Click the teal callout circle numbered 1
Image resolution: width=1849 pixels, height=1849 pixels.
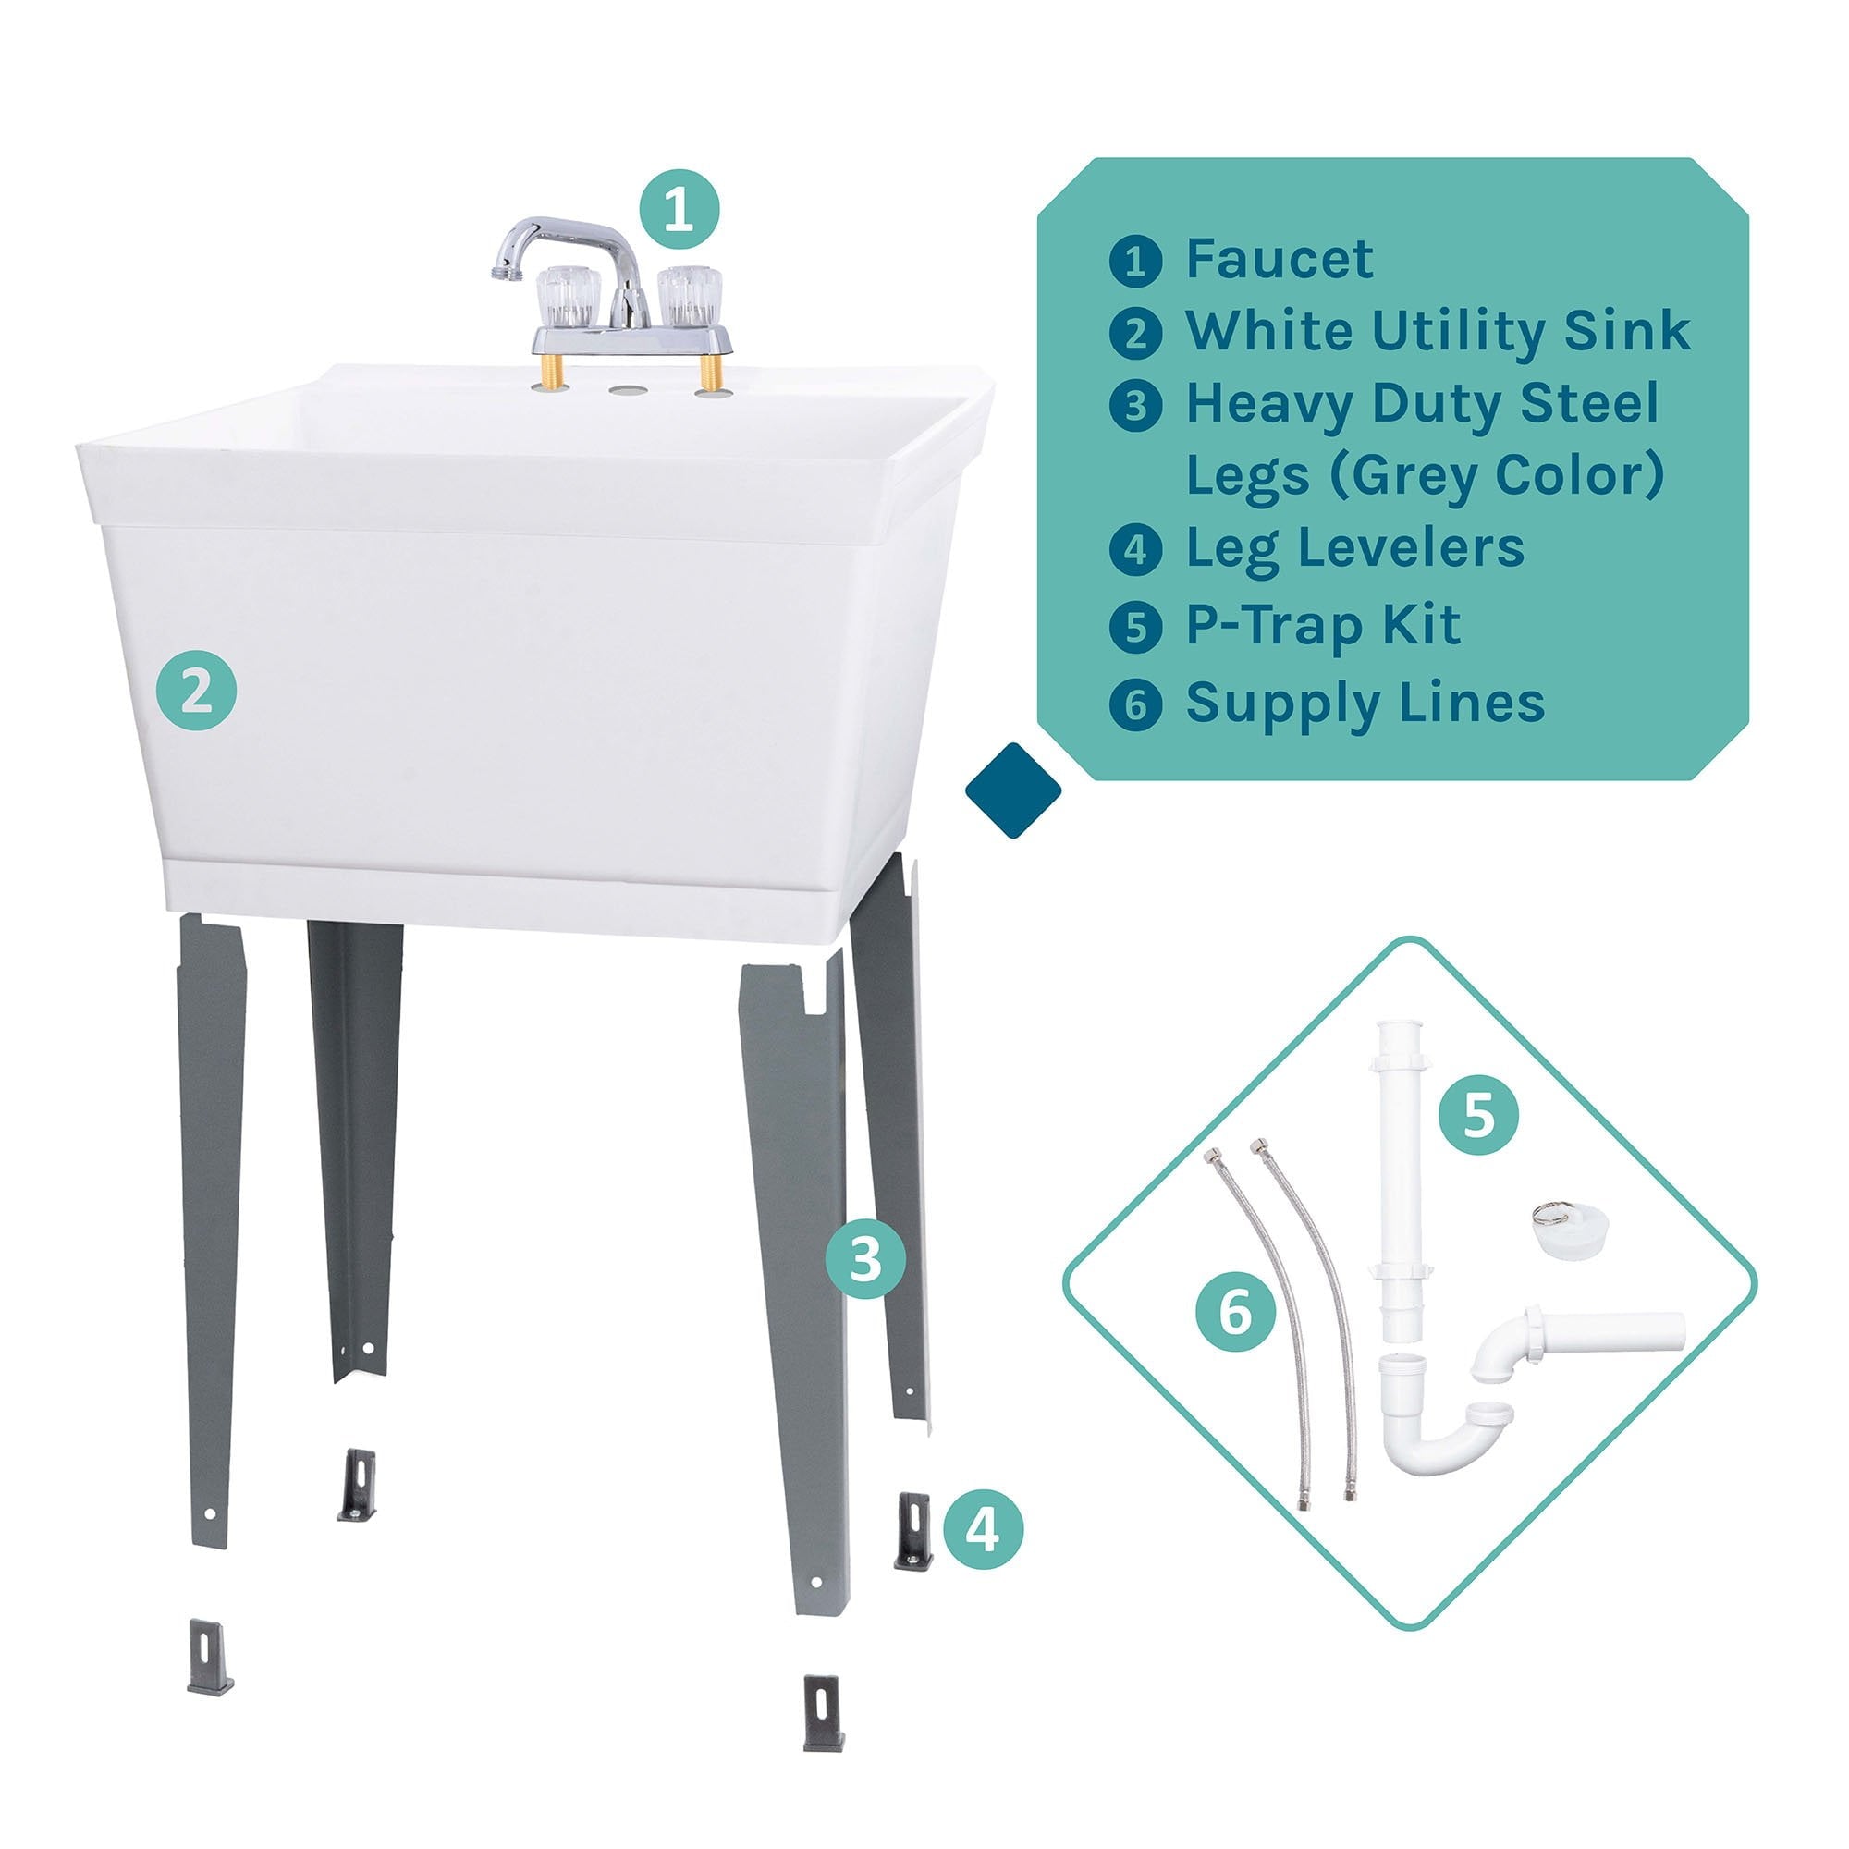(679, 210)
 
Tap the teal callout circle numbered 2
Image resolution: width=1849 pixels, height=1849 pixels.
(196, 690)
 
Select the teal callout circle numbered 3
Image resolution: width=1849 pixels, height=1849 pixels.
(865, 1258)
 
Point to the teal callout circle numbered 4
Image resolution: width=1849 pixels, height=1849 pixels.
(983, 1528)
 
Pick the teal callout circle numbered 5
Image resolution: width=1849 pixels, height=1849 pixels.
(1478, 1113)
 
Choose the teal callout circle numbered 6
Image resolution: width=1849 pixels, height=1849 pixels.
(1235, 1311)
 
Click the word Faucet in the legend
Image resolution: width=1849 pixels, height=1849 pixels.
(1280, 259)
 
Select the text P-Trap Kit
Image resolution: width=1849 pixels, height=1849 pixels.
(1323, 625)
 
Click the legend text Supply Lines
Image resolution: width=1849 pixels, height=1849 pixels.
(1365, 704)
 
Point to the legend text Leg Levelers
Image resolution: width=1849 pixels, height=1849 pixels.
(1355, 548)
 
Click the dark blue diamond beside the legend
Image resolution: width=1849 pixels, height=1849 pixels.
(1013, 790)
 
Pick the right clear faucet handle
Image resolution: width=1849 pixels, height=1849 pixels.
(689, 295)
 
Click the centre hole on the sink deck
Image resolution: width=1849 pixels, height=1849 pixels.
(628, 391)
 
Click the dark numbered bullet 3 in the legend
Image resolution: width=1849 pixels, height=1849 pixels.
(1136, 406)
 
